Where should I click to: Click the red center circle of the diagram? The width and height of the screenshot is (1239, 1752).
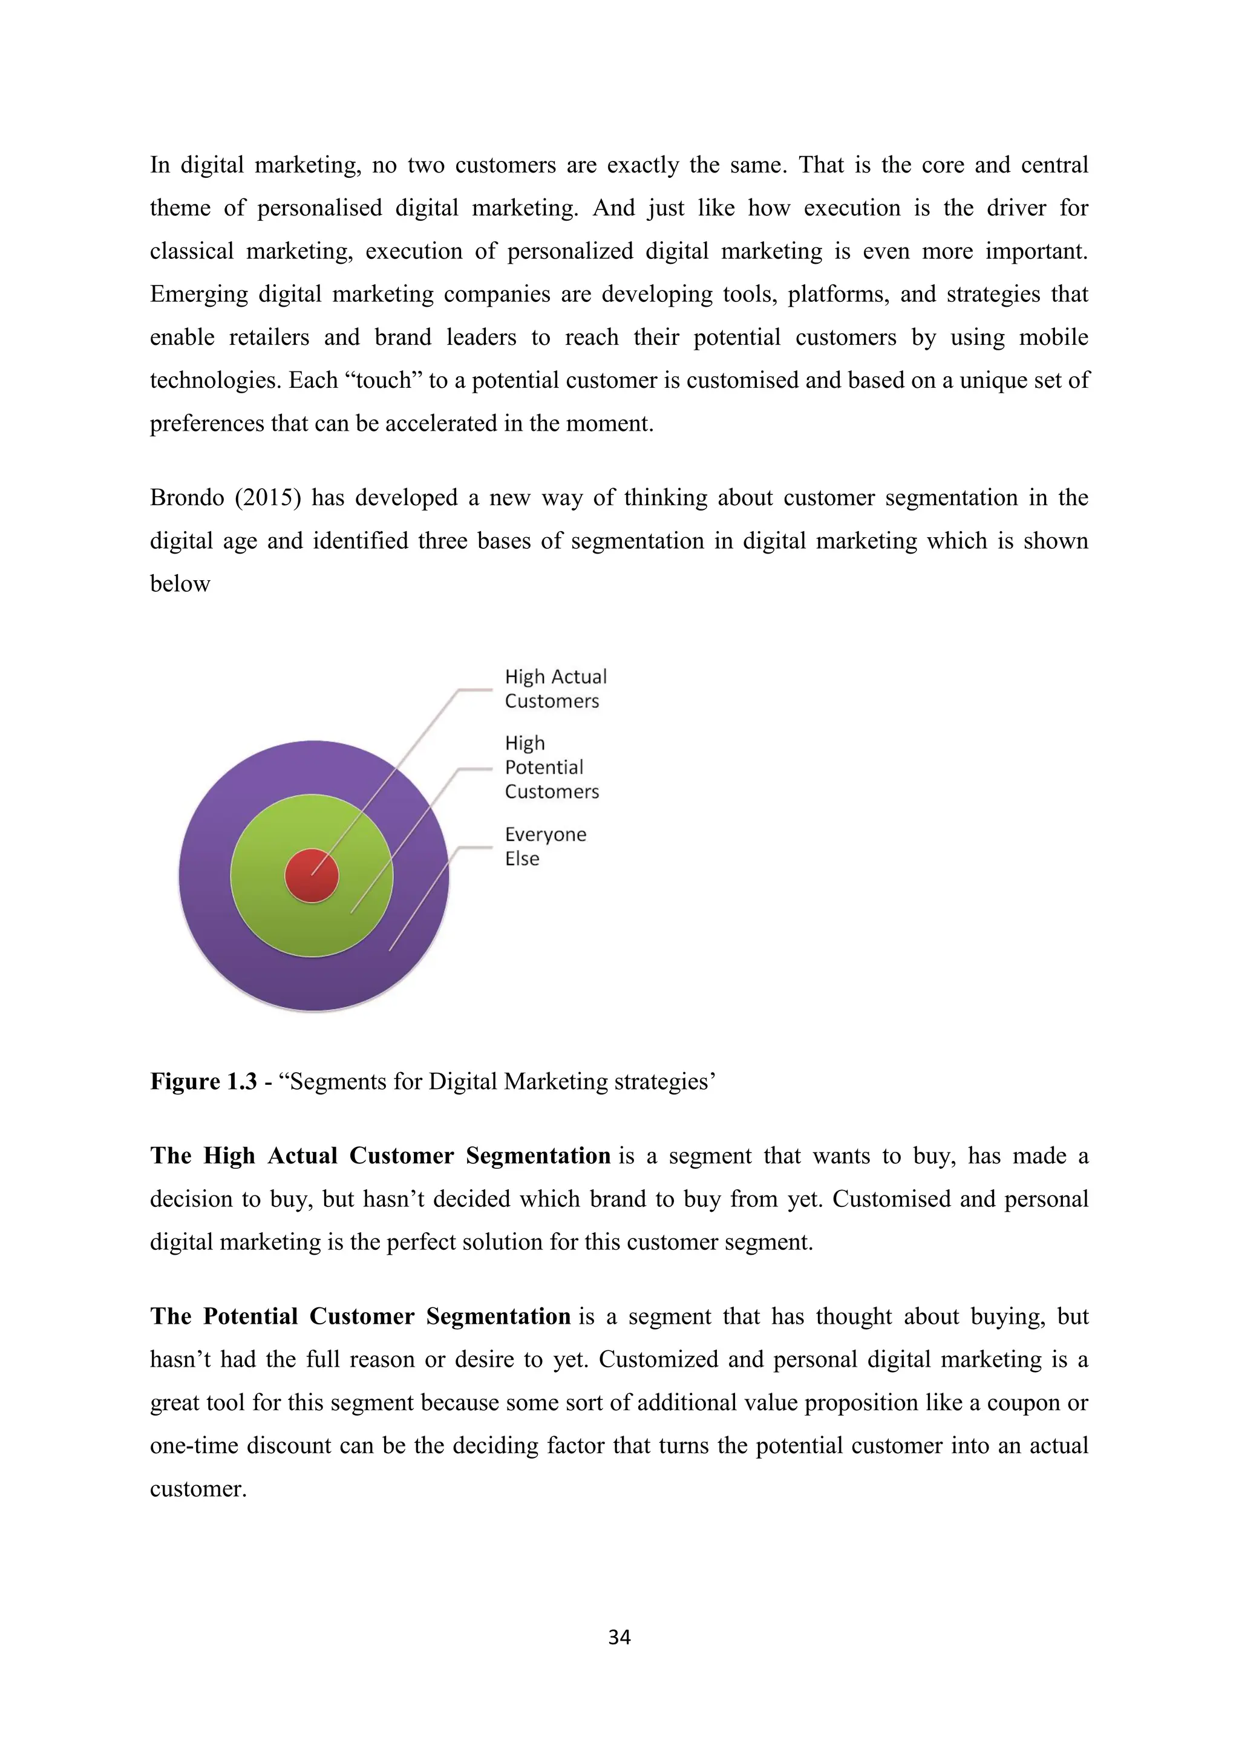pyautogui.click(x=312, y=875)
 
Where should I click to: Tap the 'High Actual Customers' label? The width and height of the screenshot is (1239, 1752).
pyautogui.click(x=555, y=688)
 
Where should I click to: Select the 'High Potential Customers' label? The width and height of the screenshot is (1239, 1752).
pyautogui.click(x=551, y=767)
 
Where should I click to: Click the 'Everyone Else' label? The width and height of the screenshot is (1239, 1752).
pyautogui.click(x=544, y=846)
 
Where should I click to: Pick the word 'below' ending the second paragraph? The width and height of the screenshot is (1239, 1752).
pyautogui.click(x=180, y=584)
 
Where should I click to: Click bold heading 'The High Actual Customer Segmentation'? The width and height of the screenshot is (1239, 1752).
pyautogui.click(x=380, y=1155)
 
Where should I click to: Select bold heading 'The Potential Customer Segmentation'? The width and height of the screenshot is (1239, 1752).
pyautogui.click(x=360, y=1316)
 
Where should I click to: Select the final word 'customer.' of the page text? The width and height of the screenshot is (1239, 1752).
pyautogui.click(x=198, y=1489)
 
